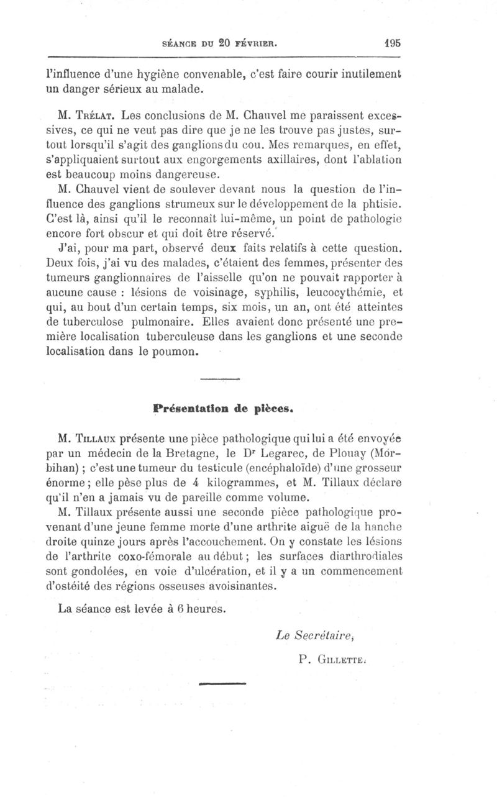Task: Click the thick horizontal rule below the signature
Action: (x=222, y=685)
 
